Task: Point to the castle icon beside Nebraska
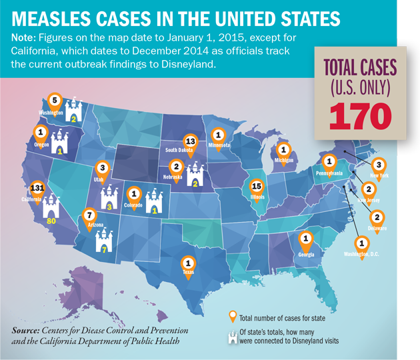(196, 176)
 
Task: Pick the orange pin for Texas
(189, 263)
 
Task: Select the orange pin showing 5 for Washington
(56, 103)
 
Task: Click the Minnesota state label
(218, 144)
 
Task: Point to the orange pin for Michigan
(284, 150)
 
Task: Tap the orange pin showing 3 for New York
(379, 165)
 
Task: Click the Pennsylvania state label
(329, 173)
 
